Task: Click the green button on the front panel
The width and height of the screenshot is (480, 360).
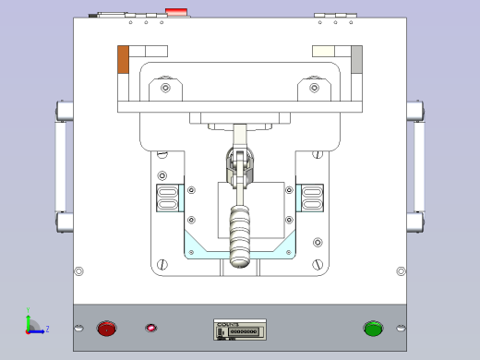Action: pos(373,328)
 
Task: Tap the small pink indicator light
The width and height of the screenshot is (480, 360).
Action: pos(151,328)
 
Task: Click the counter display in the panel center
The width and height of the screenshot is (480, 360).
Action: pos(240,329)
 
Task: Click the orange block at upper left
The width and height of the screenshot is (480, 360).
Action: pos(123,59)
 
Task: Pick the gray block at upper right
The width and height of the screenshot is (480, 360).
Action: pos(356,59)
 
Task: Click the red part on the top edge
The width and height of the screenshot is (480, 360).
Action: pos(175,13)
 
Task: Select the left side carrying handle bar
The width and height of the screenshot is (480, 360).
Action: pos(61,166)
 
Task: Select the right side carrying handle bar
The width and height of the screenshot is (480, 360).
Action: pos(419,166)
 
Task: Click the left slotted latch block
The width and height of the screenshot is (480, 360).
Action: pos(168,198)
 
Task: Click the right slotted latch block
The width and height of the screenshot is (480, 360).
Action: pos(313,198)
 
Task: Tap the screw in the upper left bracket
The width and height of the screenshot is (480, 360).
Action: pos(165,89)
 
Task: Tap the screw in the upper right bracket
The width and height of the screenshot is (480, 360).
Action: pos(321,89)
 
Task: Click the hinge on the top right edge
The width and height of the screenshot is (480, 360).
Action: pos(335,15)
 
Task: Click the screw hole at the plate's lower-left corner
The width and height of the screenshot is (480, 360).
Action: pos(78,271)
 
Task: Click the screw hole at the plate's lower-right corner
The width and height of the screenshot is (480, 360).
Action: pos(401,271)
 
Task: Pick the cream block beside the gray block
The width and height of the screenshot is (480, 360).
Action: pos(330,53)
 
